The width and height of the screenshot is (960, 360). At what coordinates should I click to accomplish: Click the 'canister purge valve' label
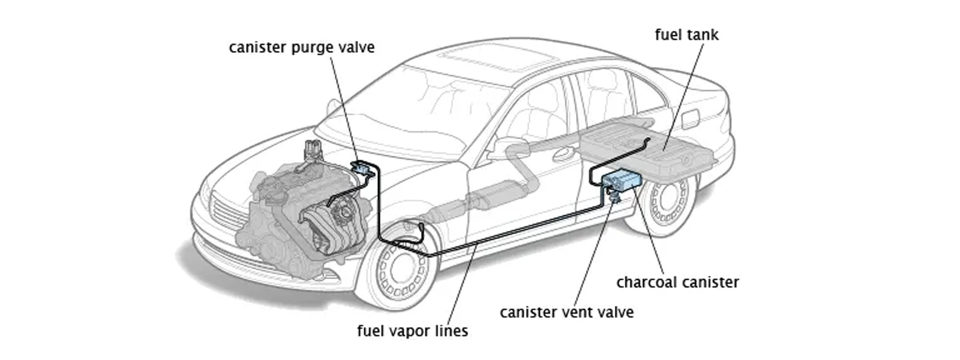coord(301,47)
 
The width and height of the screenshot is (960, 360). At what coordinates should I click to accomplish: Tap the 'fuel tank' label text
coord(686,35)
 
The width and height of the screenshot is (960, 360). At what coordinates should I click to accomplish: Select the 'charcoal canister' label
coord(677,282)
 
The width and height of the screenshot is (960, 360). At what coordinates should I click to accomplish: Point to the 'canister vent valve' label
coord(566,313)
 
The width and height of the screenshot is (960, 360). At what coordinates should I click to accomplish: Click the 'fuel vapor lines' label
coord(412,331)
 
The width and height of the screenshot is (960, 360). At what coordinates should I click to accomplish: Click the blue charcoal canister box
coord(621,179)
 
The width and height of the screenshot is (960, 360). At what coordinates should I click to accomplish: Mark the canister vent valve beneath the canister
coord(614,195)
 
